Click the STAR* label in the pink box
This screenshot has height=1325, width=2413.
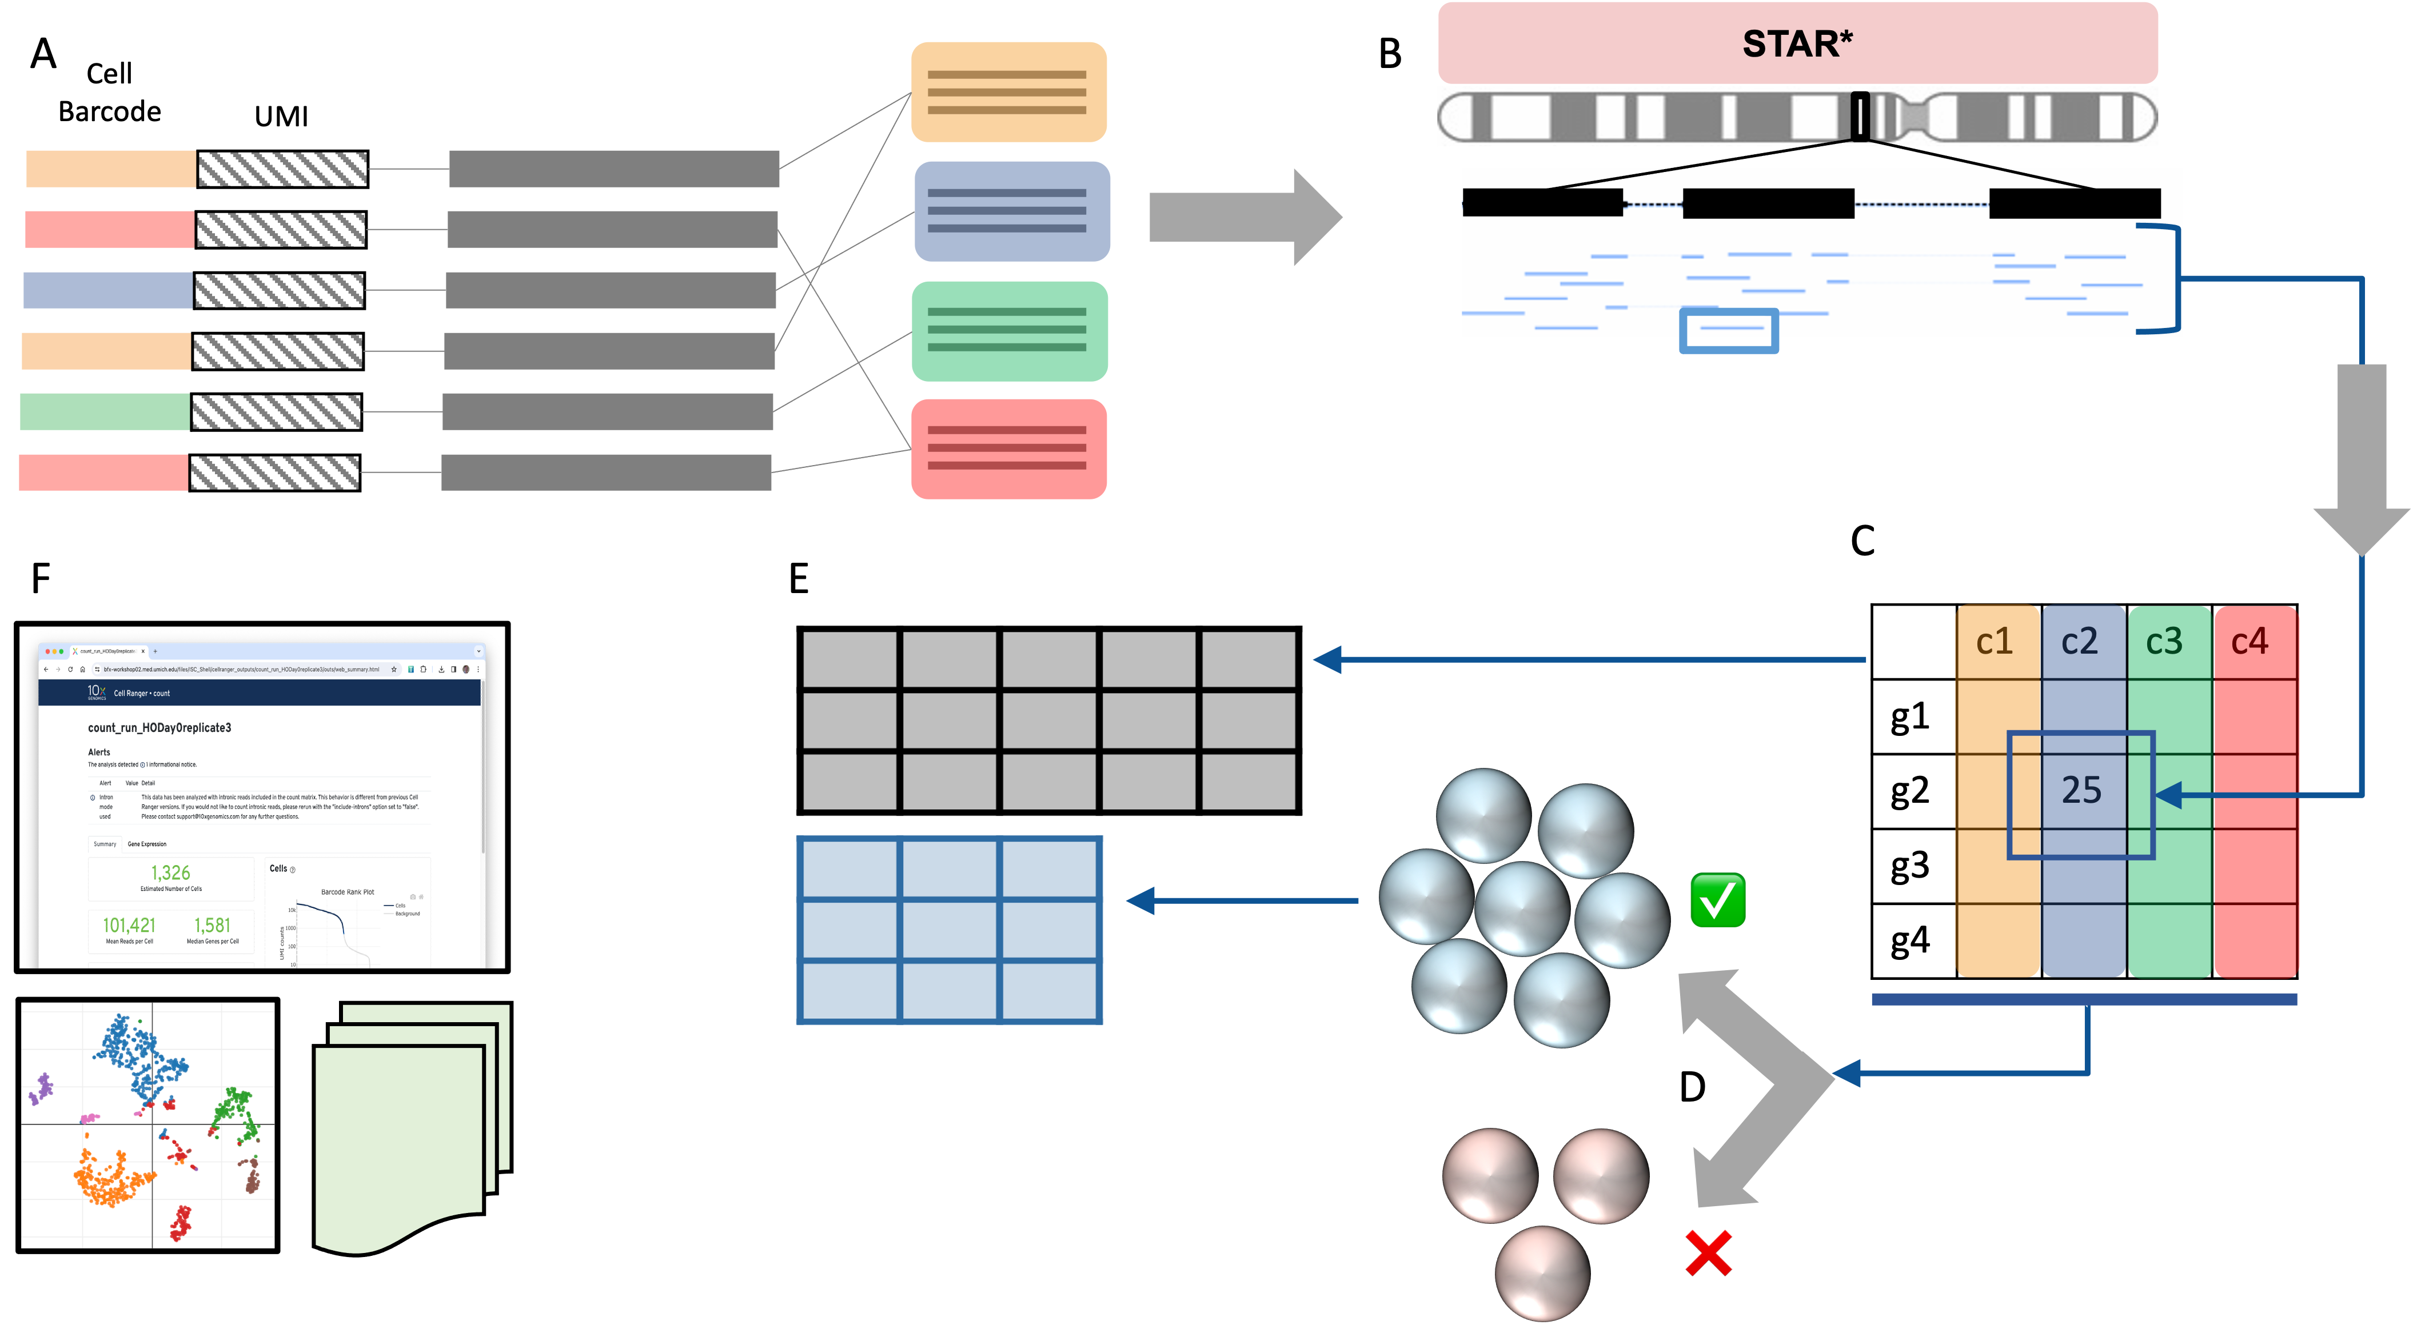(x=1797, y=44)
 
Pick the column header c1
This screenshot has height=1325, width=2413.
(x=1995, y=642)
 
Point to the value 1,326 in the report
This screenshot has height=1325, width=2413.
(x=170, y=872)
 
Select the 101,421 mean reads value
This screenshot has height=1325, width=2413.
(x=129, y=925)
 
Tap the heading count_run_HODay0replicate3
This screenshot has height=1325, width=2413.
(x=159, y=727)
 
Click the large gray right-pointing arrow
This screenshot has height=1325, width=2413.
(x=1244, y=217)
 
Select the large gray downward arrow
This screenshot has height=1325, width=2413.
(x=2360, y=459)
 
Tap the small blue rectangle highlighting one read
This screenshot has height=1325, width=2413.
(x=1728, y=331)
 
